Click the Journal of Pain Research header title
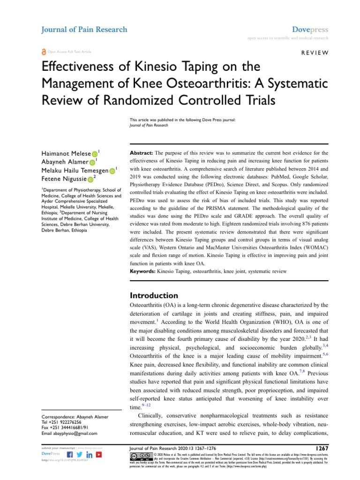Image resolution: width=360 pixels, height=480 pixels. (x=85, y=30)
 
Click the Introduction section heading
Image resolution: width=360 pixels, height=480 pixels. (x=153, y=295)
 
